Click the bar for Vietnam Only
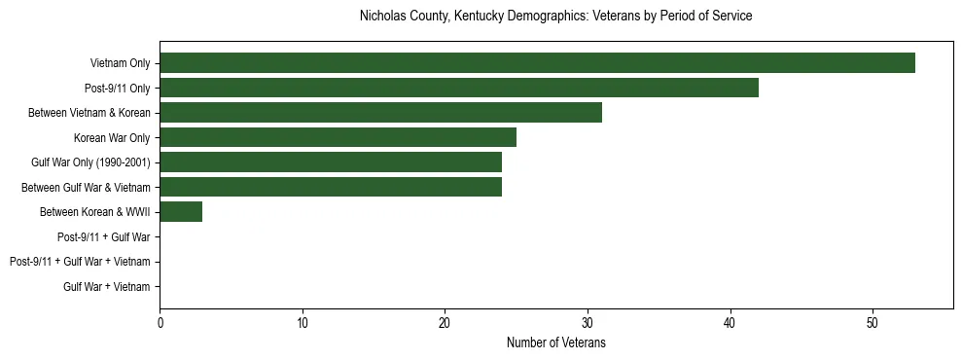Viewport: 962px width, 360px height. coord(537,63)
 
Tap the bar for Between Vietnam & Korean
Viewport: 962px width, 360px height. coord(380,113)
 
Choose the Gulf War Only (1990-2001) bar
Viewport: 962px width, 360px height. coord(331,162)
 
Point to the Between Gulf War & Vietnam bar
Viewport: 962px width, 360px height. coord(331,187)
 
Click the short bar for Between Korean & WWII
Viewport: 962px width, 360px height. coord(181,212)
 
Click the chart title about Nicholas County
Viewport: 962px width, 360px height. coord(555,17)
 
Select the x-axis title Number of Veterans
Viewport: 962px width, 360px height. coord(555,342)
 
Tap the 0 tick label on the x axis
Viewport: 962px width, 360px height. coord(160,323)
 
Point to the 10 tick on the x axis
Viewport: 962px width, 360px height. coord(303,323)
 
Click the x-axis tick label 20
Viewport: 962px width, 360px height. coord(445,323)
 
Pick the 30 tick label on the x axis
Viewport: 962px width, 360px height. coord(588,323)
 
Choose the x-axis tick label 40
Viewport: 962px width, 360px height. coord(730,323)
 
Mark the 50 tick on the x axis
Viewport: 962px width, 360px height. coord(873,323)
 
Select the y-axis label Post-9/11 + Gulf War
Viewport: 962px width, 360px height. coord(104,237)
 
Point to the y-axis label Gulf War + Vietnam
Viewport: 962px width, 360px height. coord(107,287)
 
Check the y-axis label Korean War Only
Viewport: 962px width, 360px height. coord(112,138)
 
